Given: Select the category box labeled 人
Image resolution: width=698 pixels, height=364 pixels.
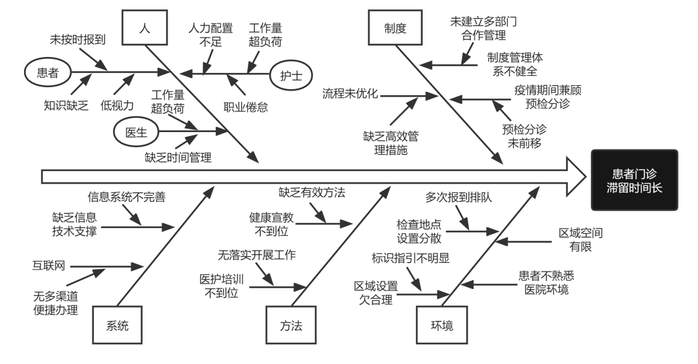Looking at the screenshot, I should [144, 29].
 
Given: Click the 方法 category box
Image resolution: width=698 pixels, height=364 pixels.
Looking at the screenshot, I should [291, 326].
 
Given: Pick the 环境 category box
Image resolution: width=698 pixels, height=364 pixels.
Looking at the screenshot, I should [441, 326].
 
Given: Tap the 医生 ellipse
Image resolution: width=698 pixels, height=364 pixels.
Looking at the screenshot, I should [136, 131].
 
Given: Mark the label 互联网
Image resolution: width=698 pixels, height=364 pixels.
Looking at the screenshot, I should [50, 265].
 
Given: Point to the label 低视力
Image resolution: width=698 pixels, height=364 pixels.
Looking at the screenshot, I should [117, 105].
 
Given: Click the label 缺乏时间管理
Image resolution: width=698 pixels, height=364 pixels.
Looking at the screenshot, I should [178, 158].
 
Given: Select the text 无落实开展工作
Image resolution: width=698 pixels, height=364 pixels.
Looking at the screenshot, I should [257, 255].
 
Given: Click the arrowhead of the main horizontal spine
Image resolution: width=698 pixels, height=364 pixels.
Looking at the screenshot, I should [575, 176].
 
